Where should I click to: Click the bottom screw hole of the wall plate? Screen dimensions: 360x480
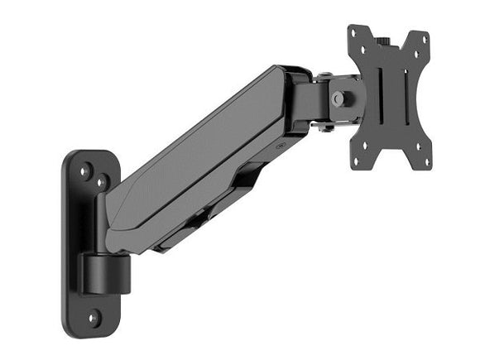(x=94, y=316)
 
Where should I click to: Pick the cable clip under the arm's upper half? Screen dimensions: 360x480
(x=247, y=175)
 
